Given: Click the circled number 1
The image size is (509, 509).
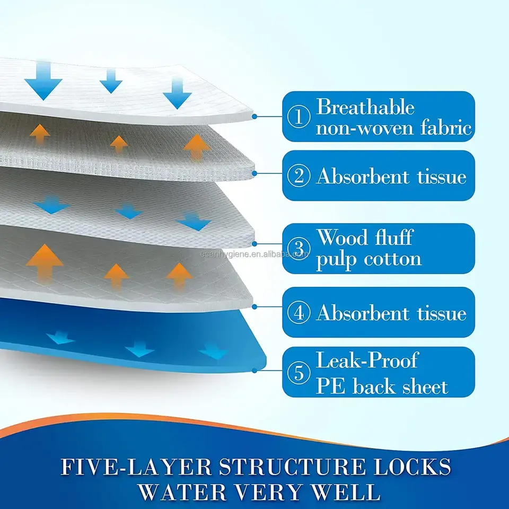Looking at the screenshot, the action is pyautogui.click(x=299, y=117).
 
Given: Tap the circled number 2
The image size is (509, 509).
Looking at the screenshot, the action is pyautogui.click(x=299, y=175).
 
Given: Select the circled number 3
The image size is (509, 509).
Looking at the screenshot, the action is pyautogui.click(x=299, y=248).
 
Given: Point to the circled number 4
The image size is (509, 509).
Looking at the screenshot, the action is pyautogui.click(x=299, y=313).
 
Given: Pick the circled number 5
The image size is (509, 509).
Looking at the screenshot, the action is pyautogui.click(x=299, y=372).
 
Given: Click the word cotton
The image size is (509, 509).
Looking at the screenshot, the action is pyautogui.click(x=392, y=259).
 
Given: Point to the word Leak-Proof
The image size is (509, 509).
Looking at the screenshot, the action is pyautogui.click(x=367, y=360).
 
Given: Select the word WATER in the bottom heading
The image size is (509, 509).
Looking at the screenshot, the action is pyautogui.click(x=182, y=492).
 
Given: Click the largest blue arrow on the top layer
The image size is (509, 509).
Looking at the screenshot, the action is pyautogui.click(x=43, y=81).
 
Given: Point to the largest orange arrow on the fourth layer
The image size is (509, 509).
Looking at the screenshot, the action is pyautogui.click(x=45, y=262).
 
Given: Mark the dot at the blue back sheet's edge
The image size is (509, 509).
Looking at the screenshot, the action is pyautogui.click(x=254, y=371).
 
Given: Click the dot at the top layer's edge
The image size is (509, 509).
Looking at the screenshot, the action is pyautogui.click(x=254, y=116).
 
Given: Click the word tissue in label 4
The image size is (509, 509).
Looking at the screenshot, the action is pyautogui.click(x=442, y=313).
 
